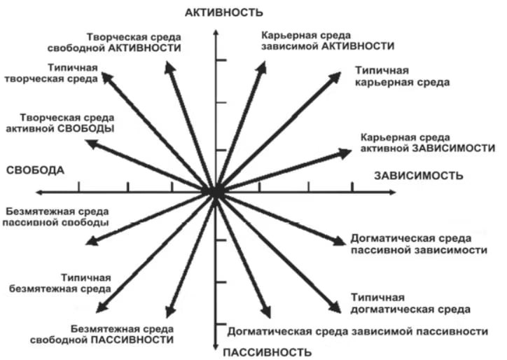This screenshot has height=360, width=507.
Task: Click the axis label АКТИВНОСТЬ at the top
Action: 224,13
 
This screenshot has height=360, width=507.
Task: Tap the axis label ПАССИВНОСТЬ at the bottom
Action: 267,352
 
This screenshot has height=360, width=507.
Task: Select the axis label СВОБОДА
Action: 35,170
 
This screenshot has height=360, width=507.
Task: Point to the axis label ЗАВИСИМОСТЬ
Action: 418,176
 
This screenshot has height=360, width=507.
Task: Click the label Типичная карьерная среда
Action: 402,76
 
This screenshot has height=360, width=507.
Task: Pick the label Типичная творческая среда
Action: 51,74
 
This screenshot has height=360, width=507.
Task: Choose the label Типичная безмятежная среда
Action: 60,284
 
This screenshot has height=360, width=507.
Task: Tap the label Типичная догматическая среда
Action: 410,303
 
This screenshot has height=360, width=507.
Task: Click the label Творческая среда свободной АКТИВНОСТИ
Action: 114,43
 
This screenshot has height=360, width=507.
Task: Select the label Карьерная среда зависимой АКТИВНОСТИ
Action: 328,41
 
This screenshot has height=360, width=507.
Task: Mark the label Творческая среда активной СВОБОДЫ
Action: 60,123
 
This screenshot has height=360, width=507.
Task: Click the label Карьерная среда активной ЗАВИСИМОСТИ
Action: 428,143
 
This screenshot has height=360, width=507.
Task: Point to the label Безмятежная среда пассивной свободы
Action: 55,217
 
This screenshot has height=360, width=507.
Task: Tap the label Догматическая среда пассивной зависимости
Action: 419,244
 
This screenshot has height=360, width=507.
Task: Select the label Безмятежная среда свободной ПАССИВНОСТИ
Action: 102,335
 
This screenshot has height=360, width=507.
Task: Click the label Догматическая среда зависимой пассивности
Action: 358,331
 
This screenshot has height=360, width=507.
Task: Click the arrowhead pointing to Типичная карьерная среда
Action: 335,77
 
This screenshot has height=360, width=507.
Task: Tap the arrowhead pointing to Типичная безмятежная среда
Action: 102,307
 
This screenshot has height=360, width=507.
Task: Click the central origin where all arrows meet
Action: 216,192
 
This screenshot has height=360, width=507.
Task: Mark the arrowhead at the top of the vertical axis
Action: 216,32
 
